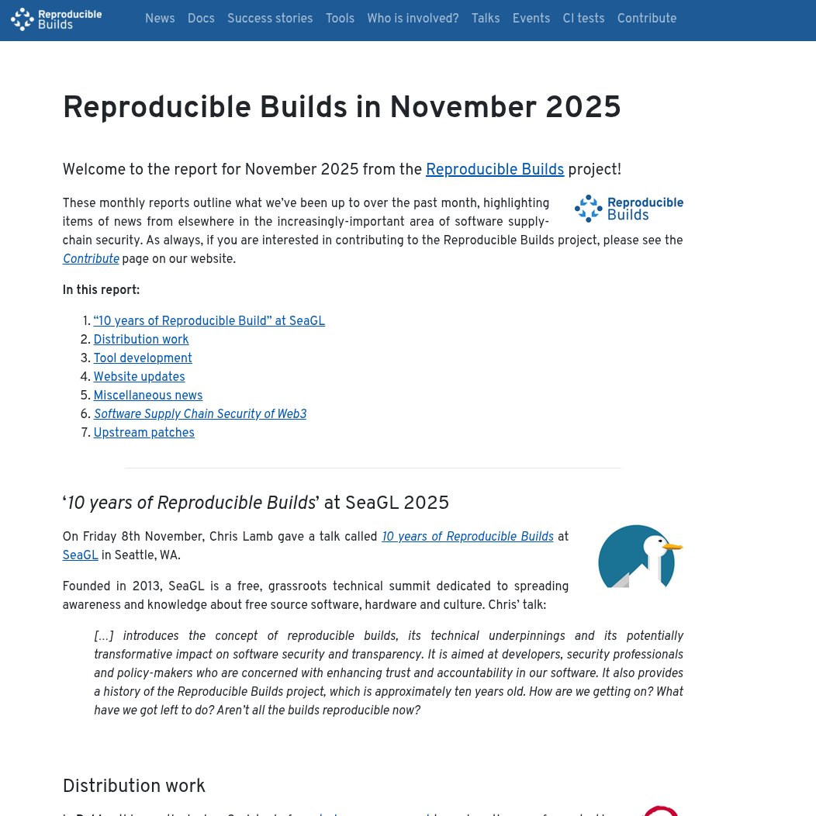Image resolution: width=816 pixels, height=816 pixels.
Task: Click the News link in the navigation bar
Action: pyautogui.click(x=160, y=19)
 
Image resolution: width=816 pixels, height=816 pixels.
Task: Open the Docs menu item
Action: pyautogui.click(x=201, y=19)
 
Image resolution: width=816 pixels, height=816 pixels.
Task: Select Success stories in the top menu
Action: pyautogui.click(x=270, y=19)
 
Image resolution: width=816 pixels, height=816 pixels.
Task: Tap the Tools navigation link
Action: pyautogui.click(x=340, y=19)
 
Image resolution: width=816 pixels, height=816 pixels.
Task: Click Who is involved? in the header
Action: pyautogui.click(x=413, y=19)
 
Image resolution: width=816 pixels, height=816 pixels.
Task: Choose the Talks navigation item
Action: pyautogui.click(x=486, y=19)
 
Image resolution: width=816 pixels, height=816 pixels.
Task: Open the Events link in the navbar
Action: pyautogui.click(x=531, y=19)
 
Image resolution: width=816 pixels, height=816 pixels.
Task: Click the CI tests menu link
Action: pyautogui.click(x=583, y=19)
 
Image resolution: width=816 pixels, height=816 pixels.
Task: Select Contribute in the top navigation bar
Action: pyautogui.click(x=647, y=19)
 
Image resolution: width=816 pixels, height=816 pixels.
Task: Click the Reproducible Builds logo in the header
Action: pyautogui.click(x=56, y=19)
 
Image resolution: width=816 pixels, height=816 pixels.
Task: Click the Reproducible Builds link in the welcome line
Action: pyautogui.click(x=495, y=170)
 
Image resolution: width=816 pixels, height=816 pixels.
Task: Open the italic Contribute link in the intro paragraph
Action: pyautogui.click(x=91, y=259)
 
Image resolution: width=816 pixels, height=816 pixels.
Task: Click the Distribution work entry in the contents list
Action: pyautogui.click(x=141, y=340)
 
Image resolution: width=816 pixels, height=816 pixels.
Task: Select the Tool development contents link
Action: pyautogui.click(x=143, y=358)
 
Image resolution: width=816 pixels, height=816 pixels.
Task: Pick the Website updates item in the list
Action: pyautogui.click(x=139, y=377)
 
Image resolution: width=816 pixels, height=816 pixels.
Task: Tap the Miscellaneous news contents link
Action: pyautogui.click(x=147, y=396)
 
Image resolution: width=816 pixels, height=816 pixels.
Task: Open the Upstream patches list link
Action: pyautogui.click(x=143, y=433)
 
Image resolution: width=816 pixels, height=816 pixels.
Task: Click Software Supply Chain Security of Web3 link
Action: pyautogui.click(x=200, y=414)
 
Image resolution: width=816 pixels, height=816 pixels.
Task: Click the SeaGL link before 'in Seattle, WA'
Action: pyautogui.click(x=80, y=555)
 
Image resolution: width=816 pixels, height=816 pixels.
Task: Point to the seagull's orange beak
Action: pyautogui.click(x=673, y=547)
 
